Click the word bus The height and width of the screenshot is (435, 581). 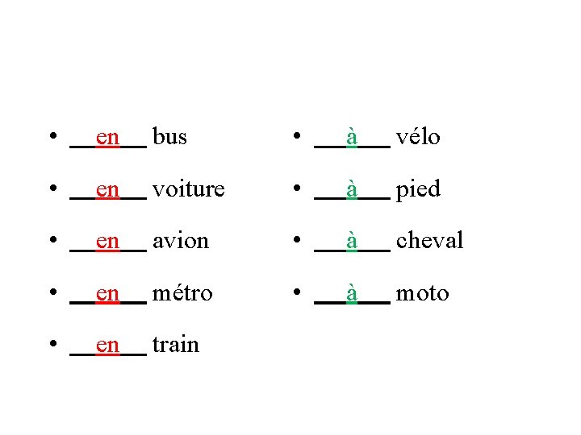[169, 138]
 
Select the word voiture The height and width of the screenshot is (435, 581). [188, 189]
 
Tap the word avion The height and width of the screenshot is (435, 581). [181, 241]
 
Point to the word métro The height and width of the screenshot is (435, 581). [182, 293]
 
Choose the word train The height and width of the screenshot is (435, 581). [175, 345]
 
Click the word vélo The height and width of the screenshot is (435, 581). [418, 138]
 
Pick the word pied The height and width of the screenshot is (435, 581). [418, 190]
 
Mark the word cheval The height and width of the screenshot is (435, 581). [429, 241]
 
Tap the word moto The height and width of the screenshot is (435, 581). [422, 293]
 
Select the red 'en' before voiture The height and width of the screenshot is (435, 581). [107, 190]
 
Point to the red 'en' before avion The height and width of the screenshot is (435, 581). [107, 242]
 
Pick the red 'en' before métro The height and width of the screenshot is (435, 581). [107, 294]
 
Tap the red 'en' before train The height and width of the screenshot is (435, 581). [107, 346]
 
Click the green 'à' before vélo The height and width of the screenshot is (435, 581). [352, 138]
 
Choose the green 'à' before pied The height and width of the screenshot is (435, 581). [352, 189]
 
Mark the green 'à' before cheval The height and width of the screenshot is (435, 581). [352, 241]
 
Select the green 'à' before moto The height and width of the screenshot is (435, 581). [352, 293]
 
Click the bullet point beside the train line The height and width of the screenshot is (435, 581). [52, 346]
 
